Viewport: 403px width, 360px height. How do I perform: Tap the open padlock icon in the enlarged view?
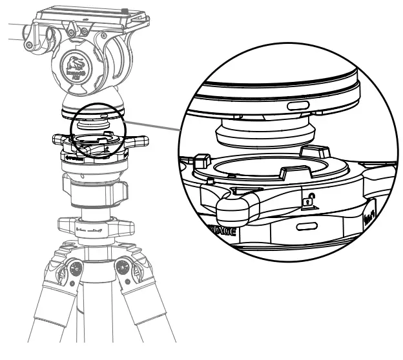[309, 200]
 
